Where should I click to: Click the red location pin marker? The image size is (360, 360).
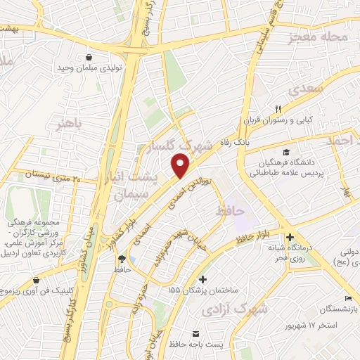click(x=181, y=166)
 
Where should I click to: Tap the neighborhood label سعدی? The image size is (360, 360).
click(x=303, y=90)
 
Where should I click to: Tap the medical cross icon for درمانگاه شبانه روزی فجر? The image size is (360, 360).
click(x=289, y=237)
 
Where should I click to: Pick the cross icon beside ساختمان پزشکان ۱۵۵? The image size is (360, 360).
click(x=203, y=279)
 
